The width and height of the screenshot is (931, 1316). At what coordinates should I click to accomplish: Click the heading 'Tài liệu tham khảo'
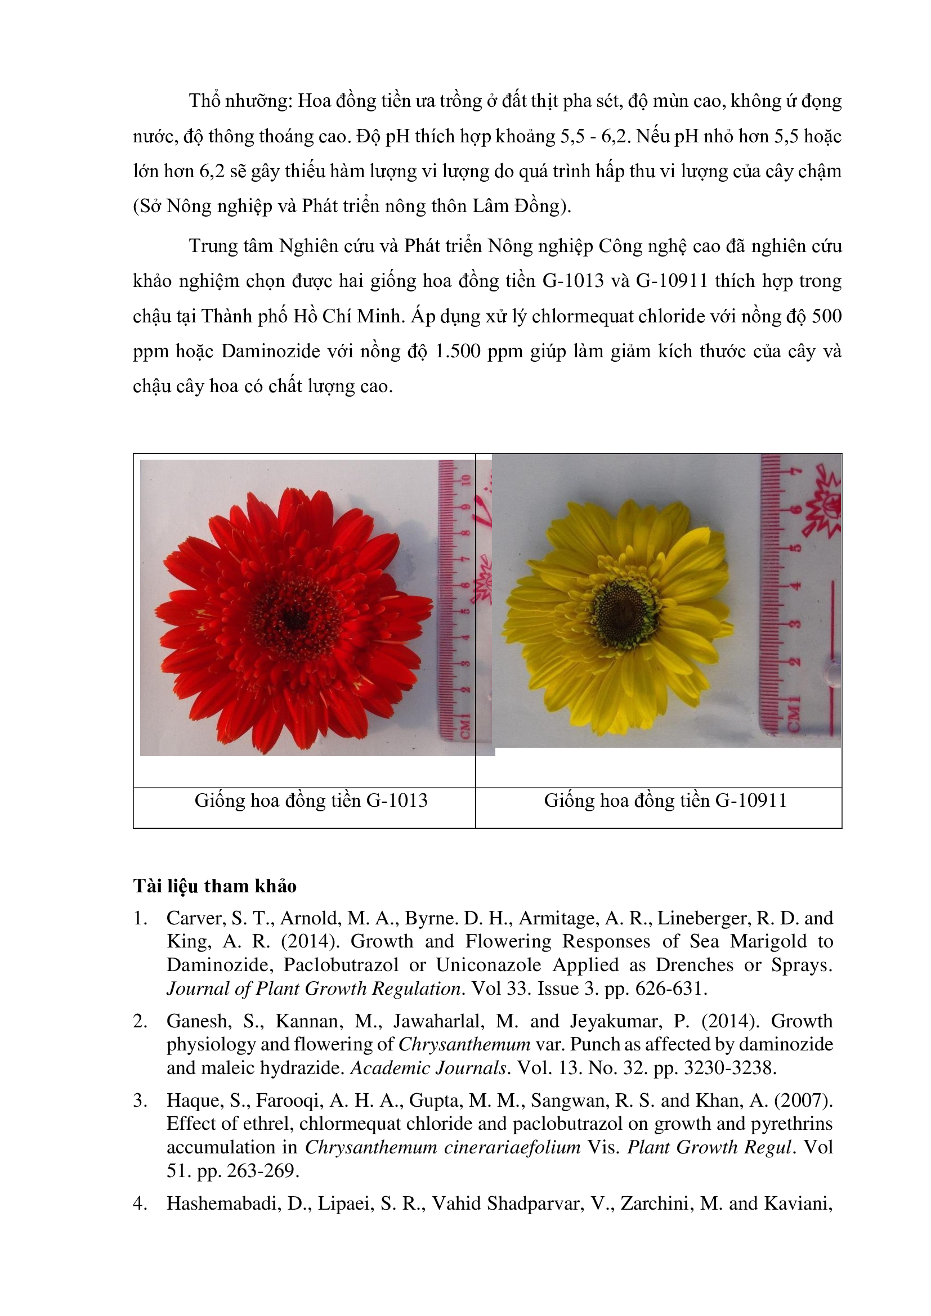pyautogui.click(x=214, y=886)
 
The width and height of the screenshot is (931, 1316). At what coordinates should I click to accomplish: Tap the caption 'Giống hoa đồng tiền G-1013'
pyautogui.click(x=311, y=800)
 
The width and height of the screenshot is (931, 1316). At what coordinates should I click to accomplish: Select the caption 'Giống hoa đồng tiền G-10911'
pyautogui.click(x=665, y=800)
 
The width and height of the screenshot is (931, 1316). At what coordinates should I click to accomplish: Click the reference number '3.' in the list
pyautogui.click(x=141, y=1100)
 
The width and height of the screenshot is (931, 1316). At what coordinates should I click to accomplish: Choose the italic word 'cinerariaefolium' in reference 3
pyautogui.click(x=442, y=1147)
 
